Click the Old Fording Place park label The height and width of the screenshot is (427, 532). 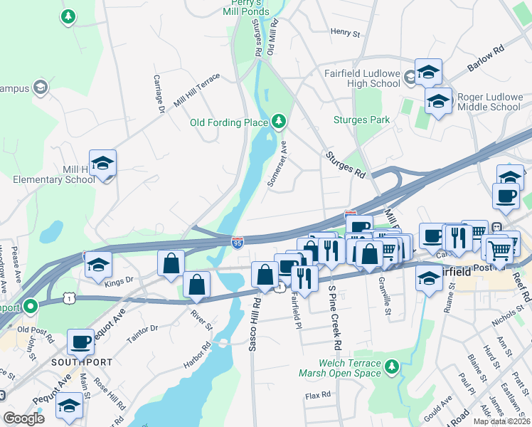coord(228,122)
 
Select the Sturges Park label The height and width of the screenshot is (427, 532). coord(361,120)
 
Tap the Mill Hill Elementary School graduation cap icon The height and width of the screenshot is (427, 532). coord(102,164)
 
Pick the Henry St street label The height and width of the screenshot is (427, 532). coord(346,32)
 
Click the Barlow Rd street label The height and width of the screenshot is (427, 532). coord(485,59)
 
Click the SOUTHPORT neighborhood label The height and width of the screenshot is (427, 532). coord(82,362)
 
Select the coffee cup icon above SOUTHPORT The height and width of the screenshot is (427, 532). coord(81,342)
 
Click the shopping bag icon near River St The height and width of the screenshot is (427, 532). coord(197,285)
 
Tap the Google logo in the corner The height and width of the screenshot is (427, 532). coord(23,418)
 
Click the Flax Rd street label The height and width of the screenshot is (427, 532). coord(318,394)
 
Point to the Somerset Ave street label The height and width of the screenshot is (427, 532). coord(276,164)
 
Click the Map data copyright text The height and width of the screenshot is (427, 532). coord(501,421)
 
